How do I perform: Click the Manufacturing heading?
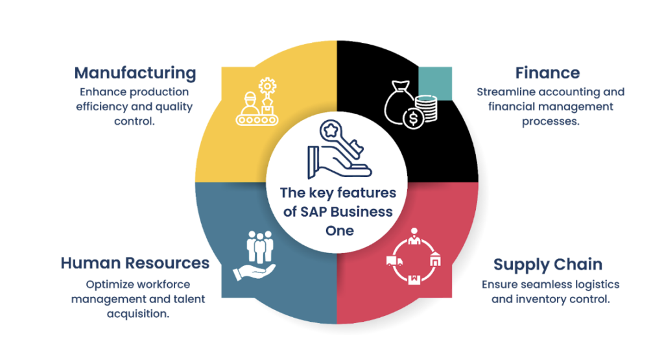coord(135,73)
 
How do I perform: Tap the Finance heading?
coord(547,73)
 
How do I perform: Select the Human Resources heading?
coord(135,263)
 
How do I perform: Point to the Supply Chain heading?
coord(548,265)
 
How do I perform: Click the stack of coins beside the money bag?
coord(426,107)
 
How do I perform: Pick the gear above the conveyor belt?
coord(265,84)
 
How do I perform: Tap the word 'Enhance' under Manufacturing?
coord(102,92)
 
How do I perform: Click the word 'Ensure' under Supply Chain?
coord(499,284)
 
